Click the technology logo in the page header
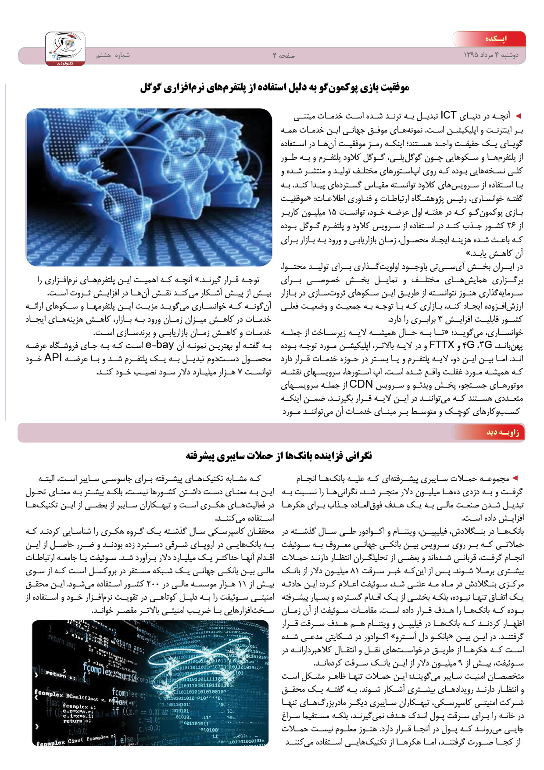(65, 49)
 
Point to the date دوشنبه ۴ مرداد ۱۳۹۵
(491, 55)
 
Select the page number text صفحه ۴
(284, 56)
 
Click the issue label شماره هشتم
(113, 55)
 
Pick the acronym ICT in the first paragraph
(448, 116)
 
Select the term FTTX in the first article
(441, 345)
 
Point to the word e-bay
(160, 345)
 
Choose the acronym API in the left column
(53, 358)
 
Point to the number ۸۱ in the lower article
(353, 571)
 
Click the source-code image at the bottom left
(150, 683)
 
